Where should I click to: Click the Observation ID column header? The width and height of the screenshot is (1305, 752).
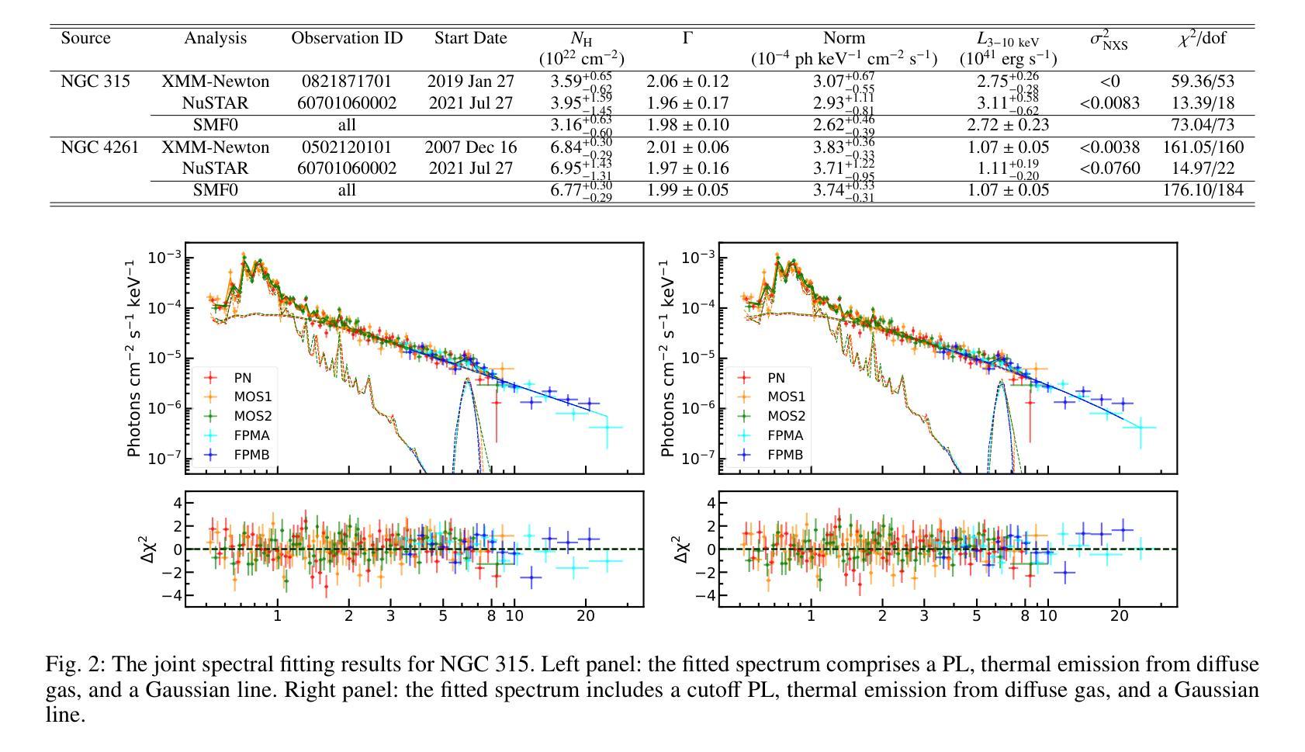click(347, 38)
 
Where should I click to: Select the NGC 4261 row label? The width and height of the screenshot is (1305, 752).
click(99, 147)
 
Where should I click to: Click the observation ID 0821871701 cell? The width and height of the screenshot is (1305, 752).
click(347, 81)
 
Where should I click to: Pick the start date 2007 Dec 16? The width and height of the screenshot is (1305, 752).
click(470, 147)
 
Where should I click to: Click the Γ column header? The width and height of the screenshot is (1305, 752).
click(687, 38)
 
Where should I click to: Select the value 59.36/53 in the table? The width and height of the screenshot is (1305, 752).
click(1202, 81)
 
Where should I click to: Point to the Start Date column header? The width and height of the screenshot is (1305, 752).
click(470, 38)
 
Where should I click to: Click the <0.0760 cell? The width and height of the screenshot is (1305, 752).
click(1109, 168)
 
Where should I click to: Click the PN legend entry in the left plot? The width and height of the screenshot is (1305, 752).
click(242, 378)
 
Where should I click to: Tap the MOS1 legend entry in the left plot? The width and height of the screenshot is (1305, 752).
click(252, 397)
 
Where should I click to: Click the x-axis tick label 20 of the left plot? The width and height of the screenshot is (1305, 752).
click(586, 616)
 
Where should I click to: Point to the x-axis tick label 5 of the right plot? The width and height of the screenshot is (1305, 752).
click(976, 616)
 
